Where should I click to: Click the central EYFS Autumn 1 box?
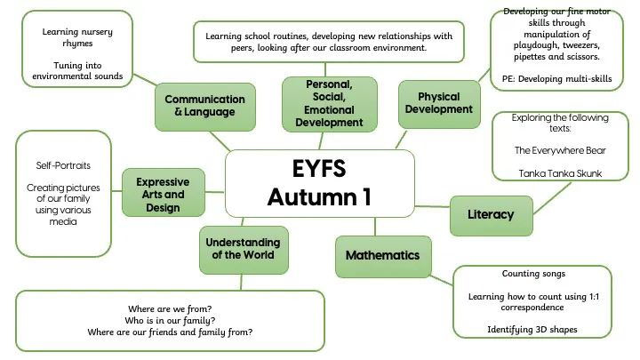click(320, 183)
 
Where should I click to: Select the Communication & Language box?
click(205, 106)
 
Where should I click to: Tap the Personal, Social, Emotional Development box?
click(329, 103)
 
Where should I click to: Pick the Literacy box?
click(492, 214)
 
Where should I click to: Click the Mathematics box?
click(382, 256)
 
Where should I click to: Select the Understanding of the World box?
click(243, 249)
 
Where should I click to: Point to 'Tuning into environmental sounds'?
click(79, 71)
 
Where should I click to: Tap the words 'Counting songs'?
click(533, 274)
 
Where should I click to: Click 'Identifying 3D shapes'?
click(533, 330)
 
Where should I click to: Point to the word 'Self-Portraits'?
click(64, 166)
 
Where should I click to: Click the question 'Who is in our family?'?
click(170, 320)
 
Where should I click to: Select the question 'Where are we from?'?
click(170, 308)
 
